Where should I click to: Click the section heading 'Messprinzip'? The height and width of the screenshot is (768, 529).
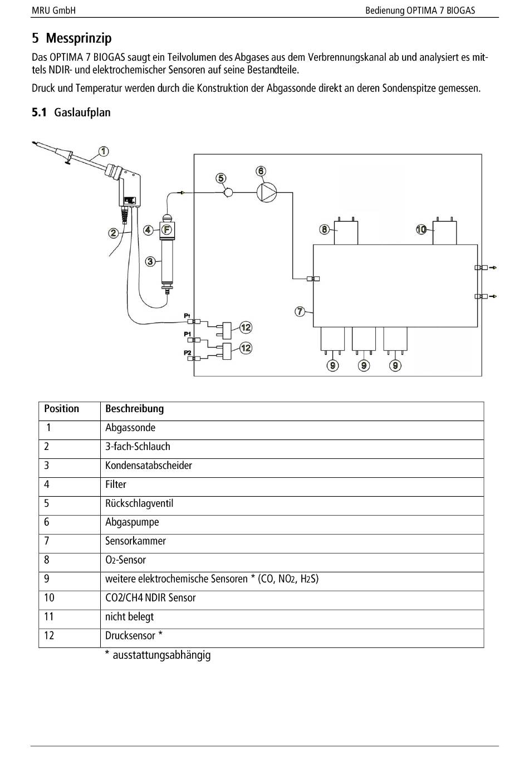pyautogui.click(x=79, y=38)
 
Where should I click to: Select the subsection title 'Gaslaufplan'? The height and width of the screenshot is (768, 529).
pyautogui.click(x=82, y=112)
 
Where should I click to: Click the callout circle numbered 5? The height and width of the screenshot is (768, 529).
pyautogui.click(x=221, y=178)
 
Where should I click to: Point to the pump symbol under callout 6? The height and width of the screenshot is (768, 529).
pyautogui.click(x=267, y=193)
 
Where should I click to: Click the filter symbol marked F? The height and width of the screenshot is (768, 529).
pyautogui.click(x=166, y=229)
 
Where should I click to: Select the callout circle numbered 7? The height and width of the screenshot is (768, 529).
pyautogui.click(x=300, y=311)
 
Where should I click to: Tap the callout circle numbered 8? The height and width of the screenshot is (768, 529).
pyautogui.click(x=324, y=229)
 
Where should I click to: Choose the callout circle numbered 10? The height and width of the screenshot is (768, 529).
pyautogui.click(x=422, y=229)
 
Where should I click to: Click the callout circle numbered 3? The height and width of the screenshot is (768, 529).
pyautogui.click(x=150, y=261)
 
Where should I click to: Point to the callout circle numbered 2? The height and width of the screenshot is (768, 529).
pyautogui.click(x=113, y=233)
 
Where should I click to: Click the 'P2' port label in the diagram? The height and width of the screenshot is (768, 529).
pyautogui.click(x=188, y=353)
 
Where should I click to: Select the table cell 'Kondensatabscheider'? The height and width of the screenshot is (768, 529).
pyautogui.click(x=149, y=466)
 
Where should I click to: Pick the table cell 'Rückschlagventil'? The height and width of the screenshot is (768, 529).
pyautogui.click(x=139, y=503)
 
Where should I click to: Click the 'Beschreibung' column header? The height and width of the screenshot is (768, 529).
pyautogui.click(x=135, y=409)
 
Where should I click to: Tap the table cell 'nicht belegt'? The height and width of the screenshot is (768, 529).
pyautogui.click(x=129, y=617)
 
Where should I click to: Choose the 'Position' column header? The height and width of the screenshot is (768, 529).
pyautogui.click(x=62, y=409)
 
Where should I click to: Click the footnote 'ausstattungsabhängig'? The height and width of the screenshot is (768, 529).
pyautogui.click(x=161, y=655)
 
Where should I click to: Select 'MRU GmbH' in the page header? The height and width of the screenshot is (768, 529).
pyautogui.click(x=54, y=11)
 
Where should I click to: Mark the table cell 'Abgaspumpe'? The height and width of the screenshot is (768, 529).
pyautogui.click(x=132, y=522)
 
